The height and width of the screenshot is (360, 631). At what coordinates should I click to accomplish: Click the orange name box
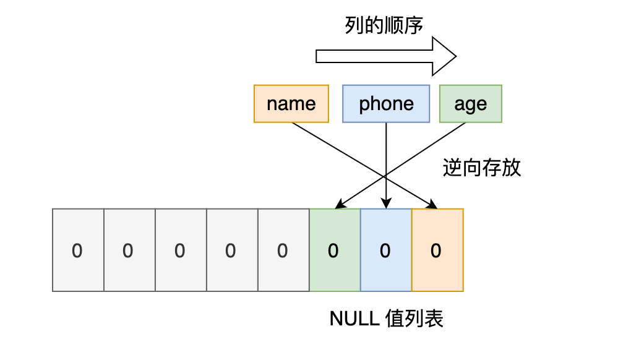pyautogui.click(x=291, y=104)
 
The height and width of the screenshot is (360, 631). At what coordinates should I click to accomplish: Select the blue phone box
pyautogui.click(x=386, y=104)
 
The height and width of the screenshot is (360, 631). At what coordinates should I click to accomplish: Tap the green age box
pyautogui.click(x=470, y=104)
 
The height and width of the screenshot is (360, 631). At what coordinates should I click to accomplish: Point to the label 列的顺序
pyautogui.click(x=384, y=26)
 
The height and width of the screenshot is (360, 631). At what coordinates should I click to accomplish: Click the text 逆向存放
pyautogui.click(x=482, y=168)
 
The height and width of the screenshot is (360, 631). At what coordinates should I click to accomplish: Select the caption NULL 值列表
pyautogui.click(x=386, y=319)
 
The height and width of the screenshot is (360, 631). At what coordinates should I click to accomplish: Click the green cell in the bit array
pyautogui.click(x=334, y=250)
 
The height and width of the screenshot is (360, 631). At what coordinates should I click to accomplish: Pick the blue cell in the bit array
pyautogui.click(x=385, y=250)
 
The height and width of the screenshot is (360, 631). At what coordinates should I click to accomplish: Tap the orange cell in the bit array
pyautogui.click(x=437, y=250)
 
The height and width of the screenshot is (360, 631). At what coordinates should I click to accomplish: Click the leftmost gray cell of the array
pyautogui.click(x=78, y=250)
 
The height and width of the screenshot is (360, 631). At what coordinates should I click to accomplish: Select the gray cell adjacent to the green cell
pyautogui.click(x=283, y=250)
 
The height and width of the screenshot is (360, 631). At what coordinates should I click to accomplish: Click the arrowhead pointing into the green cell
pyautogui.click(x=338, y=205)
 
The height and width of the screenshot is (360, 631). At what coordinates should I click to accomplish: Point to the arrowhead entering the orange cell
pyautogui.click(x=433, y=205)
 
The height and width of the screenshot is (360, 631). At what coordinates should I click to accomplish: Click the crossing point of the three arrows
pyautogui.click(x=386, y=174)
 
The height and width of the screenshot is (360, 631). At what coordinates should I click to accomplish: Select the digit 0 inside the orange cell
pyautogui.click(x=436, y=251)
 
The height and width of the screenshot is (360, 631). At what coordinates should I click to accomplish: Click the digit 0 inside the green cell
pyautogui.click(x=333, y=251)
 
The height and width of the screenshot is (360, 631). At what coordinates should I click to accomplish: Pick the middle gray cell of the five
pyautogui.click(x=180, y=250)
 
